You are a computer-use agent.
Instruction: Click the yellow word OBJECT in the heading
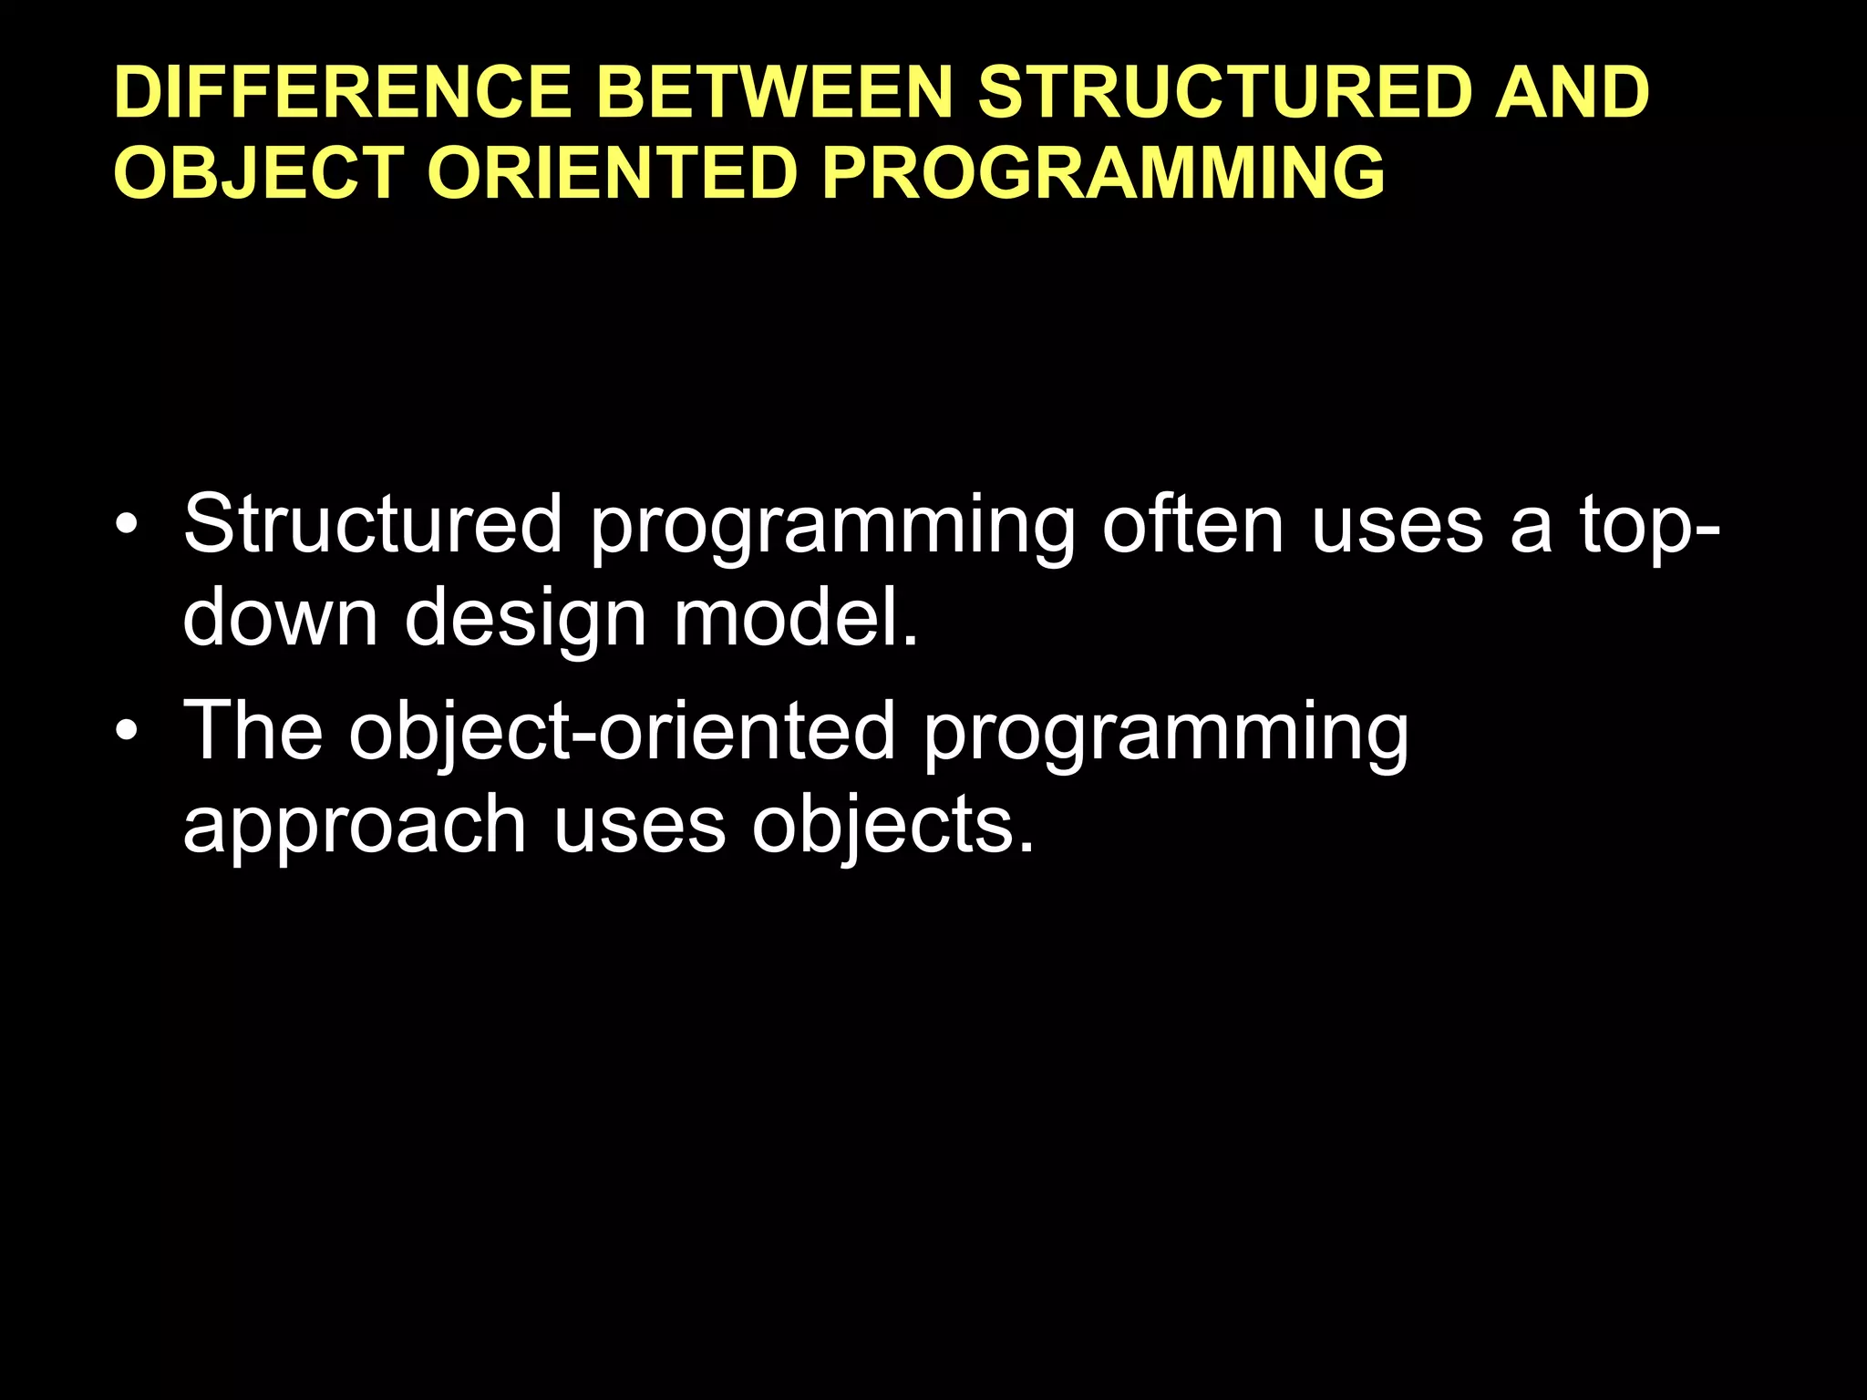tap(259, 173)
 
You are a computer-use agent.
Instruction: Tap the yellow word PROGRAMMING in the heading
tap(1103, 173)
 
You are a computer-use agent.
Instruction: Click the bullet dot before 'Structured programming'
tap(128, 526)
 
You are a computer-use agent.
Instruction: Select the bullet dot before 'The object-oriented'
tap(128, 732)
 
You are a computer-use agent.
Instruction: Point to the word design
tap(526, 620)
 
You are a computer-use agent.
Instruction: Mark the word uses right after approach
tap(639, 826)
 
